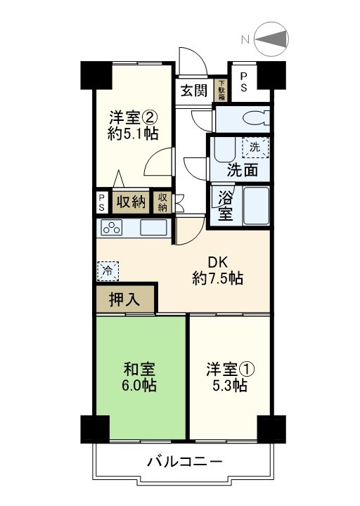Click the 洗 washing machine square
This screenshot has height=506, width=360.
click(255, 148)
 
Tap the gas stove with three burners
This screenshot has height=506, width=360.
click(112, 228)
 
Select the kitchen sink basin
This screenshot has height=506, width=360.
click(153, 228)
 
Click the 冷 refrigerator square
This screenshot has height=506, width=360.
click(108, 269)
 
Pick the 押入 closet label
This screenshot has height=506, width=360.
click(124, 299)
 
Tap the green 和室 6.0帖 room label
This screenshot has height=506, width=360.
click(141, 377)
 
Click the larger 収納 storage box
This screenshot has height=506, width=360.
click(131, 202)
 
